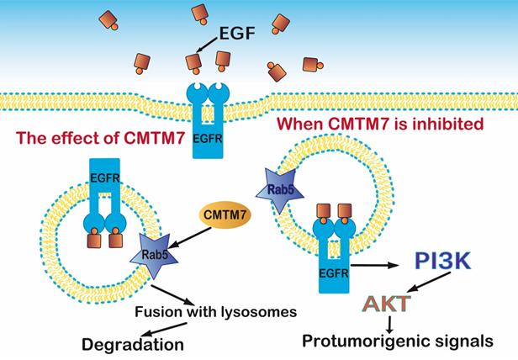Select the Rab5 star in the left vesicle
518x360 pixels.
tap(148, 264)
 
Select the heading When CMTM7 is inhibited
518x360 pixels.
tap(370, 124)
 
